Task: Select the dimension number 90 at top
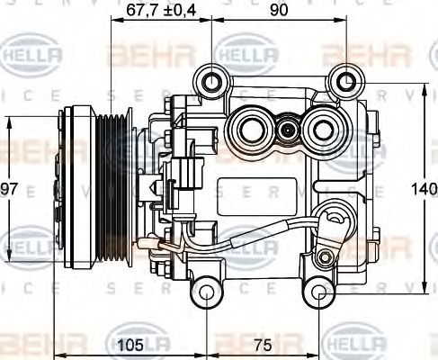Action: [x=279, y=11]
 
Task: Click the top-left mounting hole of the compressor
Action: [x=212, y=83]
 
